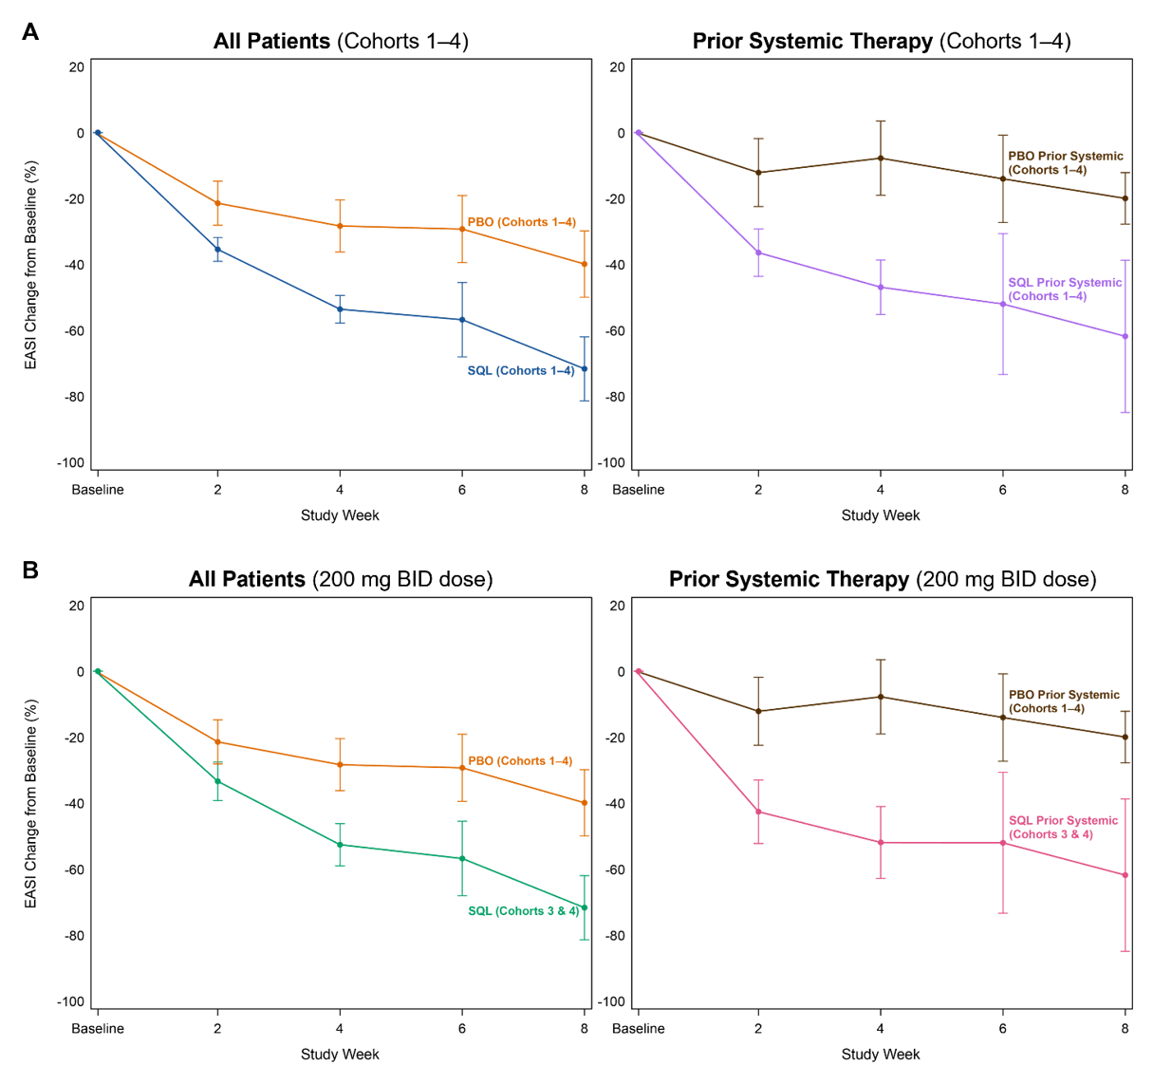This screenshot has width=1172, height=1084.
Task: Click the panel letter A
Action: tap(30, 32)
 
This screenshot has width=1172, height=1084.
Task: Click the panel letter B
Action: tap(30, 570)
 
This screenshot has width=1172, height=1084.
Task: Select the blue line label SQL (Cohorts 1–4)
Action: tap(520, 371)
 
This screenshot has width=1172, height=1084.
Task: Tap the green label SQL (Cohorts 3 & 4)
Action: tap(523, 911)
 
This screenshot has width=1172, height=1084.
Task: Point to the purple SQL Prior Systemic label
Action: tap(1064, 290)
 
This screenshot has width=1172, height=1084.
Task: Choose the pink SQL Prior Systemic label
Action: tap(1062, 828)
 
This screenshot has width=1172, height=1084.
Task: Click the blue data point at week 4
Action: tap(340, 309)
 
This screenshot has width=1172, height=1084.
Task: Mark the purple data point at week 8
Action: tap(1125, 336)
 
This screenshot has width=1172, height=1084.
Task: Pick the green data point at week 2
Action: tap(218, 781)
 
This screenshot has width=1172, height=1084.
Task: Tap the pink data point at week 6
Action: tap(1003, 843)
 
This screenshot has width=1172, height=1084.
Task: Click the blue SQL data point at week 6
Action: tap(462, 320)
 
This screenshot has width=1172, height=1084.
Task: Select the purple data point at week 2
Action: tap(758, 252)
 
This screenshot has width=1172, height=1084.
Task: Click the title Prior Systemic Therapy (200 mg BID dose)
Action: tap(882, 579)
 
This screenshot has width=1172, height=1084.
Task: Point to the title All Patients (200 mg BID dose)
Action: tap(341, 579)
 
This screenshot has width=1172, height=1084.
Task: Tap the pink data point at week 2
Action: tap(758, 812)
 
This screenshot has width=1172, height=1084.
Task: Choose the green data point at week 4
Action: tap(340, 845)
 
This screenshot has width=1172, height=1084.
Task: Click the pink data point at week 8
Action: tap(1125, 875)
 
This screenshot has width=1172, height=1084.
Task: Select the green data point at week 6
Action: tap(462, 859)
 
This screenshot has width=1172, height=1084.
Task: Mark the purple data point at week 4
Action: tap(881, 288)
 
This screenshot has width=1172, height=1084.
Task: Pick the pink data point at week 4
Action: tap(881, 843)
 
